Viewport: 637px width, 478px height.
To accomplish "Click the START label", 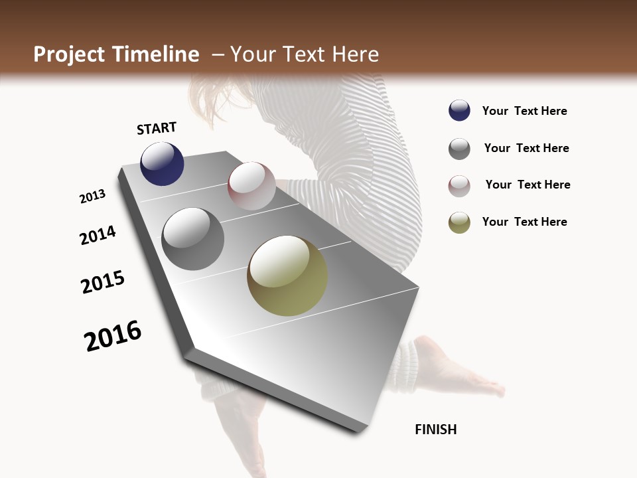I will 157,128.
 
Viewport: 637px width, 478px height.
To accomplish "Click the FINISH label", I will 436,430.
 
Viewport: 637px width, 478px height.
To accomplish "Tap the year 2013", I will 93,197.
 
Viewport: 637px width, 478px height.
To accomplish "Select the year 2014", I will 98,236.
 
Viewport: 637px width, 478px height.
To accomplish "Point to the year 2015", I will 103,282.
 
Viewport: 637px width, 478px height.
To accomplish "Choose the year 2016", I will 113,336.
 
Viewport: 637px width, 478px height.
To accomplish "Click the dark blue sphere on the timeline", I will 162,164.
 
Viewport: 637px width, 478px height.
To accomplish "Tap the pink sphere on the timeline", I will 251,186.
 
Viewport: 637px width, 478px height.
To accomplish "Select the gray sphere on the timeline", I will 193,239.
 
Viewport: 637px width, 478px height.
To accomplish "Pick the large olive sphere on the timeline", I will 287,276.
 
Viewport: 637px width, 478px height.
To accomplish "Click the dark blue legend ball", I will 459,111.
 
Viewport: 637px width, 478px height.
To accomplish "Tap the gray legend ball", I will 459,149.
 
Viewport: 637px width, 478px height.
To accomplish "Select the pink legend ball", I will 459,186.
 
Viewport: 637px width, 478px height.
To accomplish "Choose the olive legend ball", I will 459,222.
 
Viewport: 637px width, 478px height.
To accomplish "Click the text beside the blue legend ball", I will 524,111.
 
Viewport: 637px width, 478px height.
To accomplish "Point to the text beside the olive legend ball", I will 524,222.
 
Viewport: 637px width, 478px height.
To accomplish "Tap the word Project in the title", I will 69,54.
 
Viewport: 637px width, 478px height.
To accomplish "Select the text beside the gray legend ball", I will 526,148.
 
